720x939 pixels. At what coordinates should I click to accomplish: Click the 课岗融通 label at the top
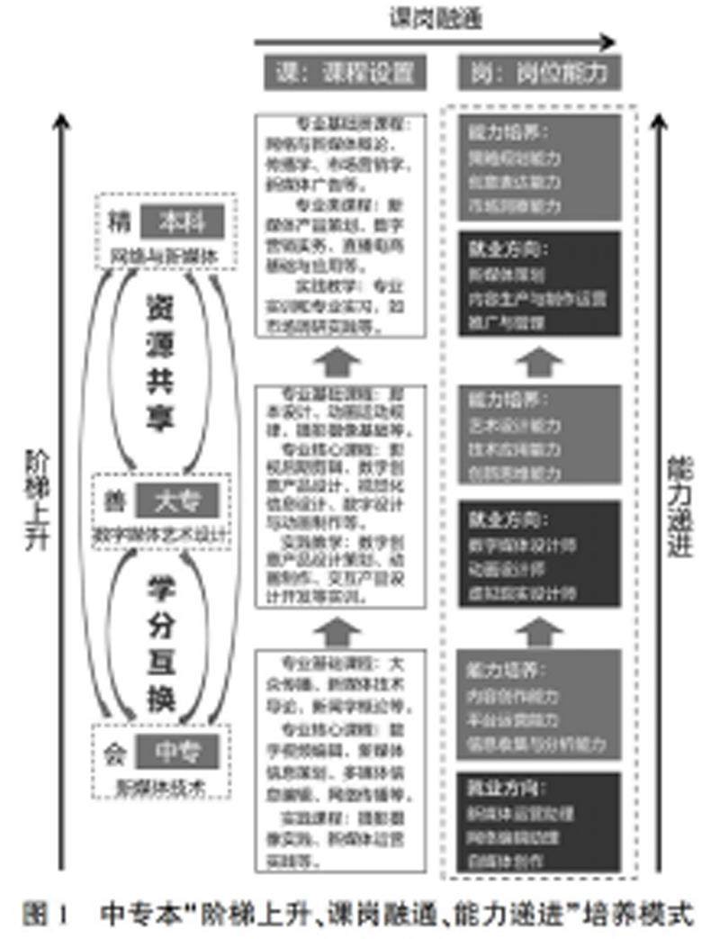pos(436,16)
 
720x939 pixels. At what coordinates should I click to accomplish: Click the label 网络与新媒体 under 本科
pos(164,255)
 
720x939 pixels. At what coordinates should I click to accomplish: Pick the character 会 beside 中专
pos(113,750)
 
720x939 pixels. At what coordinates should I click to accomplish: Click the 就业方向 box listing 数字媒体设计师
pos(540,553)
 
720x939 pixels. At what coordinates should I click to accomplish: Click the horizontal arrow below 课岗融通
pos(436,41)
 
